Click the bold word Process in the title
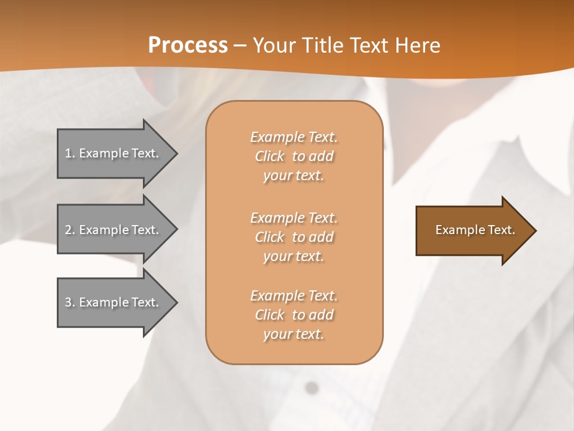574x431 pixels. (x=188, y=45)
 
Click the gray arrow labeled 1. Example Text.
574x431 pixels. (x=114, y=153)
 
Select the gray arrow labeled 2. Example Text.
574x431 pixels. (x=114, y=230)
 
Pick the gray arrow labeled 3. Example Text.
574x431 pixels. (x=114, y=302)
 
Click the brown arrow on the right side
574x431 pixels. (x=472, y=230)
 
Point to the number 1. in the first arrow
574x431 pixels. (x=70, y=153)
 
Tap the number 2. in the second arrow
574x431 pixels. (x=70, y=230)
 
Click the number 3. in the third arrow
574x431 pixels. (x=70, y=302)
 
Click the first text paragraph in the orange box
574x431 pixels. (x=294, y=156)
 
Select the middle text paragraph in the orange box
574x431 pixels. (x=294, y=237)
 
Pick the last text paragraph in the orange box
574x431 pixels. (x=294, y=315)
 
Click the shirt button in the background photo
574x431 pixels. (x=311, y=388)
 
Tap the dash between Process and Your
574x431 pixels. (x=240, y=45)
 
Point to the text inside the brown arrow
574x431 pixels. (x=475, y=230)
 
